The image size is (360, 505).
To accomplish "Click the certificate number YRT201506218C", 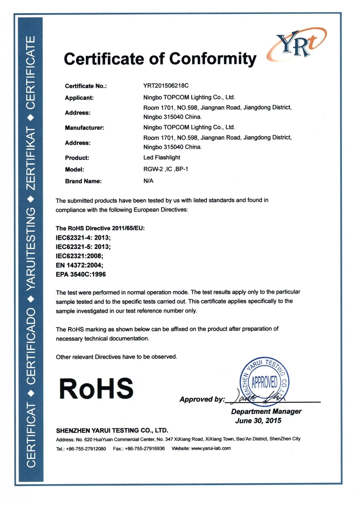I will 166,86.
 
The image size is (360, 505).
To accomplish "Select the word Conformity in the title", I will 213,59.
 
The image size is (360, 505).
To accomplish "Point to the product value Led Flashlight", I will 162,157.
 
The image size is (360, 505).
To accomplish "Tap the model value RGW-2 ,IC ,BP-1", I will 166,169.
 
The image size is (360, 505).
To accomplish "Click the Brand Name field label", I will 83,181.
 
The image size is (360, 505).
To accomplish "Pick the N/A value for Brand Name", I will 148,181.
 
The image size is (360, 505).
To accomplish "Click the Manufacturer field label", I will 84,128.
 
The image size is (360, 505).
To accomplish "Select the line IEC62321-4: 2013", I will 83,238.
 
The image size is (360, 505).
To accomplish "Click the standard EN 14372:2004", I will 80,265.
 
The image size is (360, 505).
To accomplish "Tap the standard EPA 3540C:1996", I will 81,274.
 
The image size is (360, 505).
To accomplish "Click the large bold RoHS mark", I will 96,389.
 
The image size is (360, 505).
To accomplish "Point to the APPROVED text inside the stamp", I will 265,382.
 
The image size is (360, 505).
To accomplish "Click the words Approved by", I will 202,399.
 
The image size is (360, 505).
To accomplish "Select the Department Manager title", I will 266,411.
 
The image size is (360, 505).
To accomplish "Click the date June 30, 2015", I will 258,421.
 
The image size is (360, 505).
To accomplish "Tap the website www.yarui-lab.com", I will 211,448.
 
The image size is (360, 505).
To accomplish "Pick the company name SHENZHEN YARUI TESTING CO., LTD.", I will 112,430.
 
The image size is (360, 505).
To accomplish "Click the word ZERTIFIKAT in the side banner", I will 31,158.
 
